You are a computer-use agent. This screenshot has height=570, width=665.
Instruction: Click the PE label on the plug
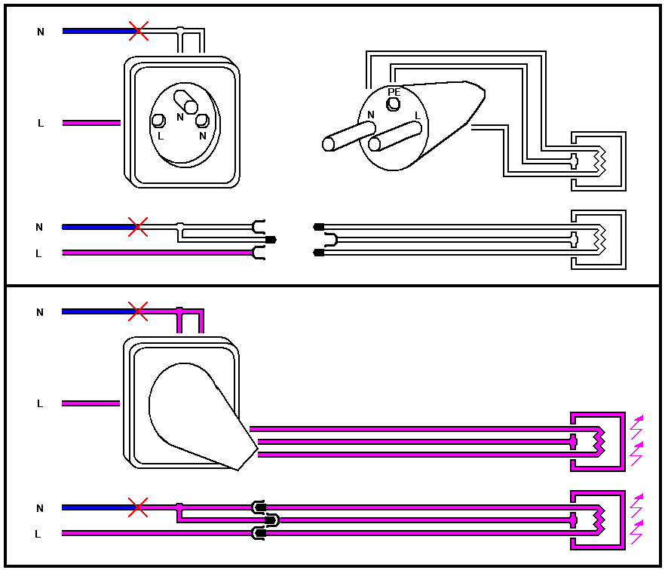pos(394,92)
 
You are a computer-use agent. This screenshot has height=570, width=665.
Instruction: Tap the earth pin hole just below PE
pos(393,105)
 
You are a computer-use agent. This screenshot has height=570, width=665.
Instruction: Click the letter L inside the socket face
pos(160,136)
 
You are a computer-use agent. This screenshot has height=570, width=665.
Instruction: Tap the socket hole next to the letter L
pos(158,121)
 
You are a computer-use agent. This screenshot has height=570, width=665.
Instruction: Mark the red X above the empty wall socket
pos(138,31)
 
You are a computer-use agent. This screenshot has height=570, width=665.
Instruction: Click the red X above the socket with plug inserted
pos(138,311)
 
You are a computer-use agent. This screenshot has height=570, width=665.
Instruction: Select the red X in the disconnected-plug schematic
pos(137,226)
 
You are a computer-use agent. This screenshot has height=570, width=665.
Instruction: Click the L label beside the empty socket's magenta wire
pos(41,123)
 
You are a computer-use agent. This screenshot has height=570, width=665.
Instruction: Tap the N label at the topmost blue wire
pos(41,32)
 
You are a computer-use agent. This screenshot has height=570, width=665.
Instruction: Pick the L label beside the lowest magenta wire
pos(38,534)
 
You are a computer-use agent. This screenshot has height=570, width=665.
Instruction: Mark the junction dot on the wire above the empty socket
pos(179,31)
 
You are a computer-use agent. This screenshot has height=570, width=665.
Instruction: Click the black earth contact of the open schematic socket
pos(271,240)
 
